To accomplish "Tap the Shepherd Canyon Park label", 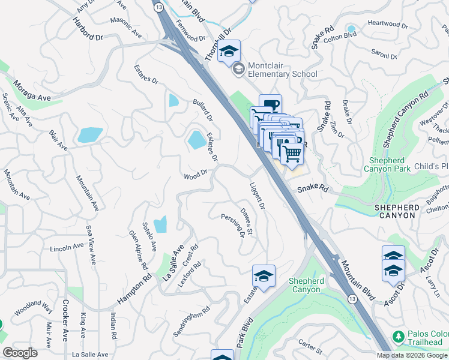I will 387,164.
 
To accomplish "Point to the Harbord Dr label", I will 88,29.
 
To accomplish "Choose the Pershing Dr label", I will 233,225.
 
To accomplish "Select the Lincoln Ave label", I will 67,247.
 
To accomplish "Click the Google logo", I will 20,352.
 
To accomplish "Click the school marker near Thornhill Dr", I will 229,52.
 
